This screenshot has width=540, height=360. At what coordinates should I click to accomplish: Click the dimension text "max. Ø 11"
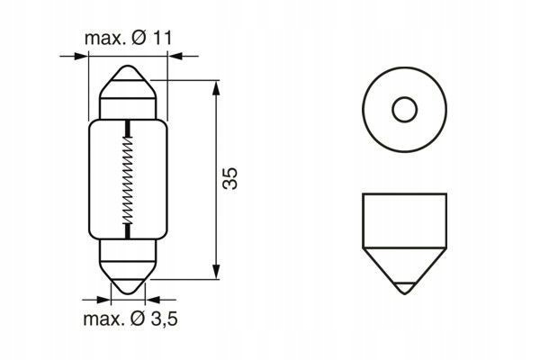pos(128,38)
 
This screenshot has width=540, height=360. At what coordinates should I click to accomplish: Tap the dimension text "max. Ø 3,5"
pos(130,319)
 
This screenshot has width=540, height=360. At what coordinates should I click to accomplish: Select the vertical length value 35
pos(230,178)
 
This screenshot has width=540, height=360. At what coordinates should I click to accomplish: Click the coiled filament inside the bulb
pos(128,179)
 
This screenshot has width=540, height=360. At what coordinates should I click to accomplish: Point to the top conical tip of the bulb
pos(128,73)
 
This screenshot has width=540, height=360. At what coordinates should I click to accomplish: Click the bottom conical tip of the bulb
pos(128,286)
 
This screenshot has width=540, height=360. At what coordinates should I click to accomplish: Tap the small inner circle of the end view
pos(405,110)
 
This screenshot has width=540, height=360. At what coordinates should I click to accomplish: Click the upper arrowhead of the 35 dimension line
pos(216,88)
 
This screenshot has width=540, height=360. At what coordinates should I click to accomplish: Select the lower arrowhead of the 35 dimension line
pos(216,272)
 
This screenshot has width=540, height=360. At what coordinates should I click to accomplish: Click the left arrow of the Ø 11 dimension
pos(74,56)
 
